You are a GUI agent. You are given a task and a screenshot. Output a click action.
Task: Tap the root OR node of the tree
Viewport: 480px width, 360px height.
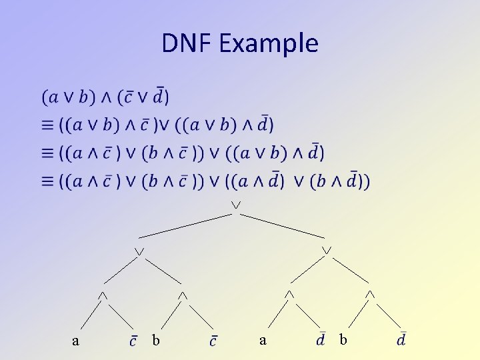[236, 203]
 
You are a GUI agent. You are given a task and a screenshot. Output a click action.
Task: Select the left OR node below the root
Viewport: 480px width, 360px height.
[139, 251]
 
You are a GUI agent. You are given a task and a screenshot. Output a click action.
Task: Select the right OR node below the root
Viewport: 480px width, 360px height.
[327, 250]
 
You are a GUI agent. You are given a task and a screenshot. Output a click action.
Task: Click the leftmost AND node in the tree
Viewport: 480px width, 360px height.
[102, 294]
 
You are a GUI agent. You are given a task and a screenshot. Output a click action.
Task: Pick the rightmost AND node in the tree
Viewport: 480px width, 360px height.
[371, 293]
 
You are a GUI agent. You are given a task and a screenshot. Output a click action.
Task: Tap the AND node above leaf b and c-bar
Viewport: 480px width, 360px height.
[182, 294]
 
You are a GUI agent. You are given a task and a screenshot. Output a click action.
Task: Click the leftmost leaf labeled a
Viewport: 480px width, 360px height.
[75, 341]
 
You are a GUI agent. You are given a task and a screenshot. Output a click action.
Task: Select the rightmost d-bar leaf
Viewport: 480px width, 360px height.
[401, 339]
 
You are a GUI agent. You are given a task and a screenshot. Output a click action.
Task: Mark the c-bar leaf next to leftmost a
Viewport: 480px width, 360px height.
[133, 341]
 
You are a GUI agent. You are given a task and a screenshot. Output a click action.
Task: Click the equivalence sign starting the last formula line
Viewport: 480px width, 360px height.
[49, 181]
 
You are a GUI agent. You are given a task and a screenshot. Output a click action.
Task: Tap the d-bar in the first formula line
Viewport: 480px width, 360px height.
[160, 96]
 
